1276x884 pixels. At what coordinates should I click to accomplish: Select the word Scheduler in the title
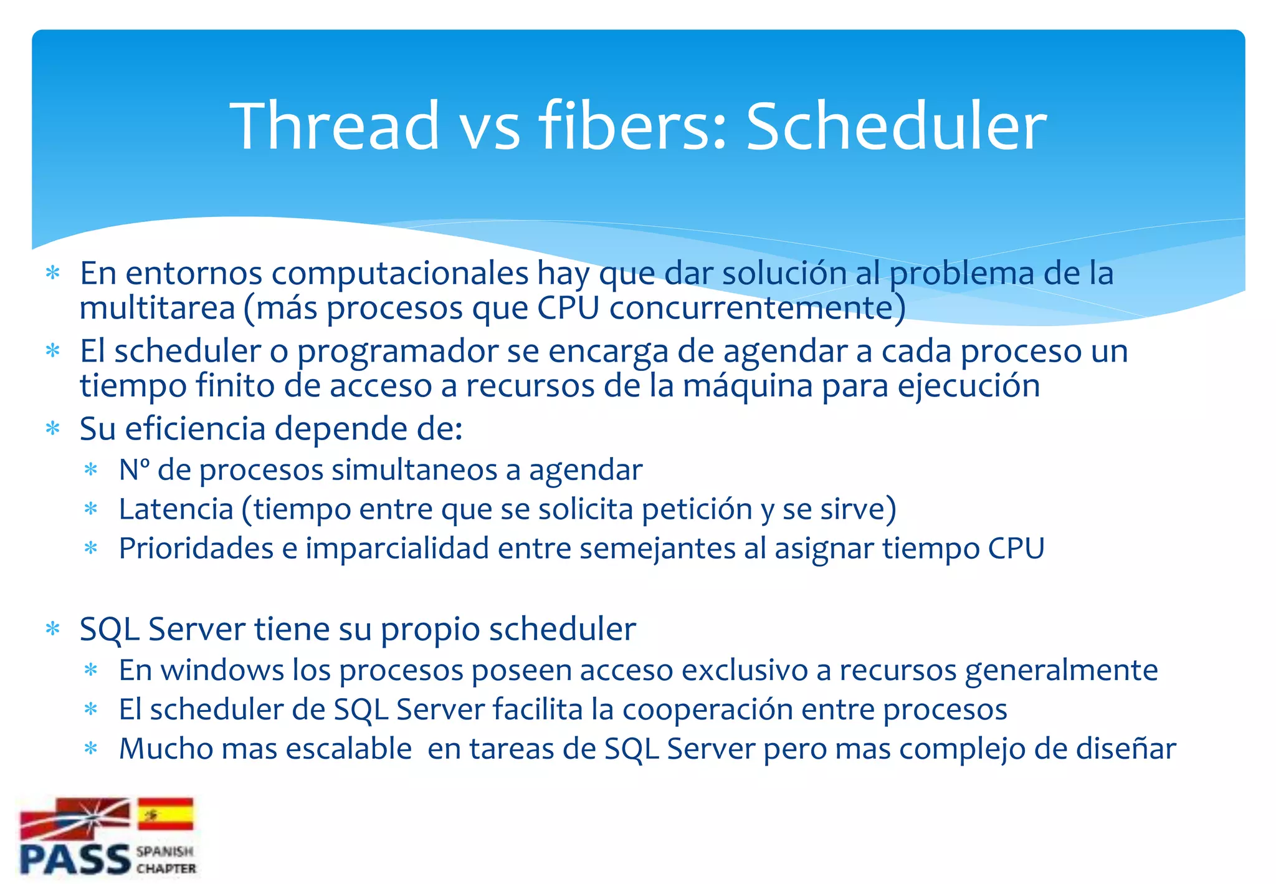pyautogui.click(x=895, y=126)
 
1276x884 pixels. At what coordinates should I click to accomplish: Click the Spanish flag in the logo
pyautogui.click(x=165, y=814)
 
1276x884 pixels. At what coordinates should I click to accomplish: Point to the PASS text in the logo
pyautogui.click(x=75, y=860)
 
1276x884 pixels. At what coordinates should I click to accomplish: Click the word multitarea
pyautogui.click(x=157, y=308)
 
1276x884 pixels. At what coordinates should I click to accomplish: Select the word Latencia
pyautogui.click(x=176, y=509)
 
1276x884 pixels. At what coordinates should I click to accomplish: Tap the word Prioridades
pyautogui.click(x=196, y=549)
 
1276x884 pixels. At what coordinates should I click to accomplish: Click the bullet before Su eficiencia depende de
pyautogui.click(x=53, y=429)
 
